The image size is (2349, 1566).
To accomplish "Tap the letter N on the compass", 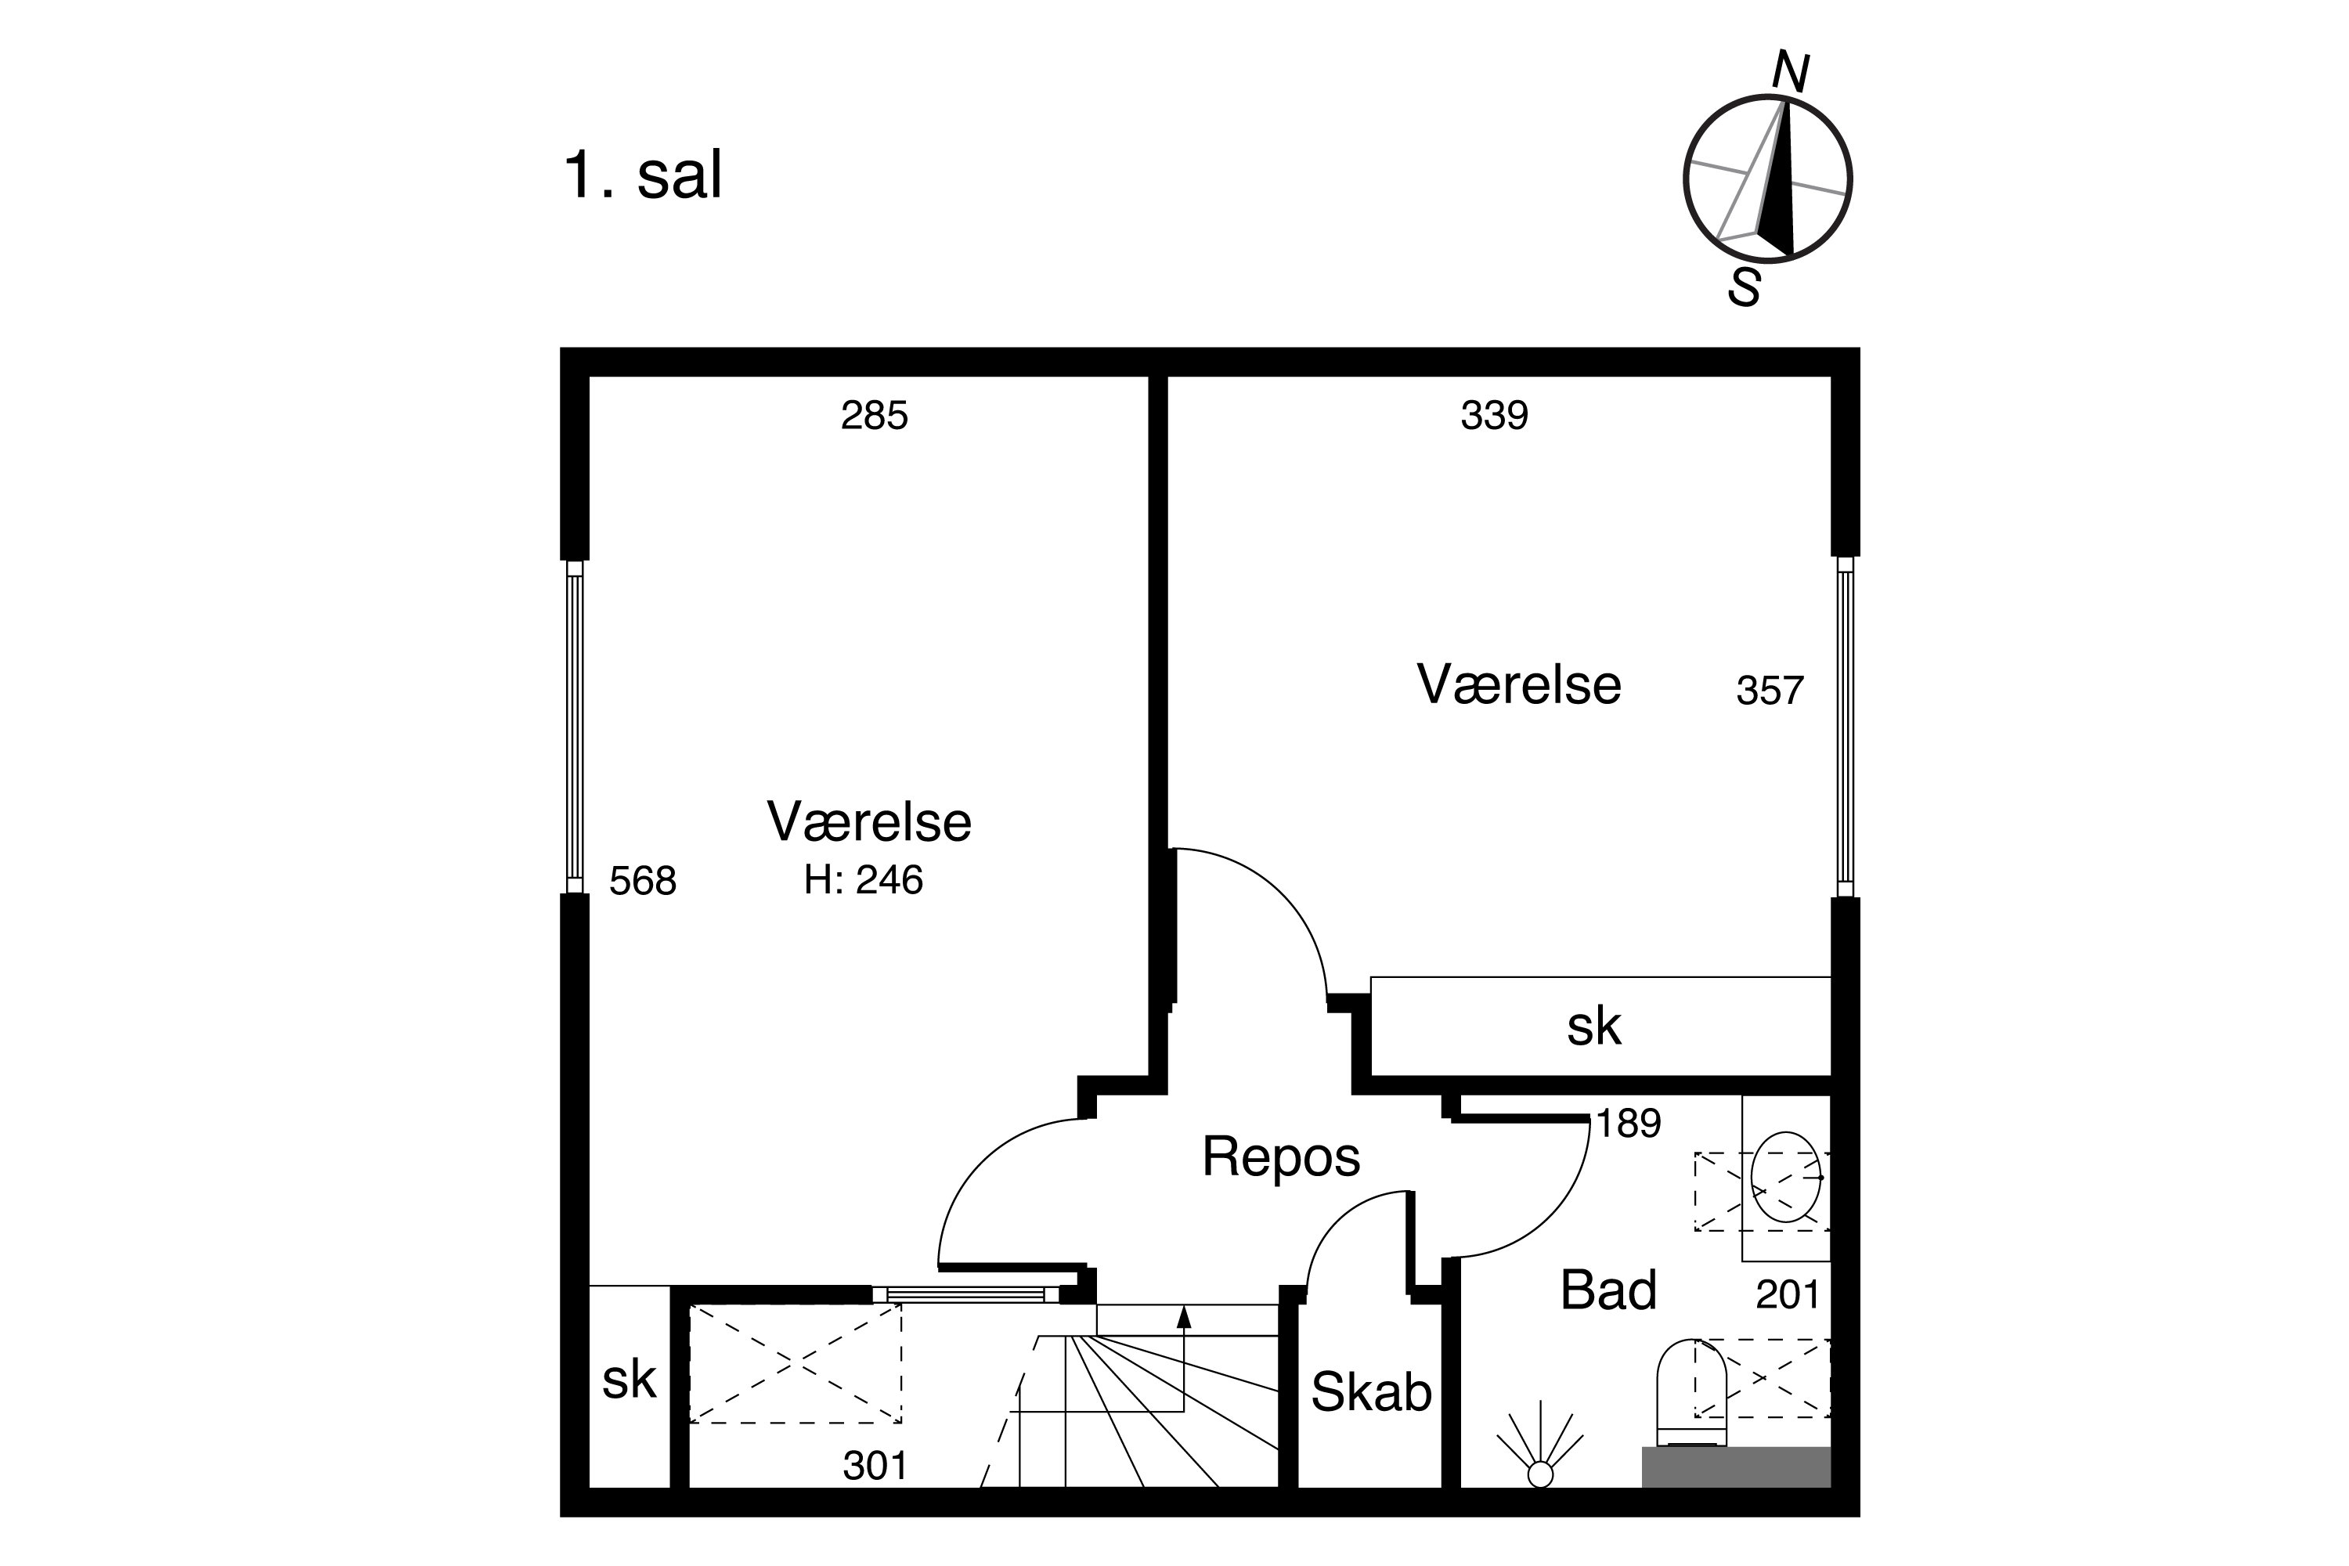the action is pyautogui.click(x=1791, y=73).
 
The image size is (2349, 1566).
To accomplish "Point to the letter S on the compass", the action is pyautogui.click(x=1744, y=287).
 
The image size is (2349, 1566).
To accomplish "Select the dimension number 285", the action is pyautogui.click(x=874, y=416).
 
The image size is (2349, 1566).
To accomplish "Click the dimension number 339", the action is pyautogui.click(x=1494, y=416).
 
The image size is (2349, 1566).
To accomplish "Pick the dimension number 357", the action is pyautogui.click(x=1770, y=691).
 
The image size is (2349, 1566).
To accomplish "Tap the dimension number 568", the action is pyautogui.click(x=642, y=881).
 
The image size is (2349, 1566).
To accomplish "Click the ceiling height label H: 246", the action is pyautogui.click(x=864, y=880).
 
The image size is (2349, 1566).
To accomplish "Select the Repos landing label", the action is pyautogui.click(x=1280, y=1156).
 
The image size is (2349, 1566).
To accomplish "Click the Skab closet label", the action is pyautogui.click(x=1371, y=1392).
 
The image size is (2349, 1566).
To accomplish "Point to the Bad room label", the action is pyautogui.click(x=1608, y=1290).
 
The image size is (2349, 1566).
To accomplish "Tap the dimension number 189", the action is pyautogui.click(x=1628, y=1124).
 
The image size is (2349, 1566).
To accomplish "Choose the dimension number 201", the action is pyautogui.click(x=1788, y=1295).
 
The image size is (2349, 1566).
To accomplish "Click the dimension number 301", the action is pyautogui.click(x=875, y=1466).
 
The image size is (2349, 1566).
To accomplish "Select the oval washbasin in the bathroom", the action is pyautogui.click(x=1787, y=1177).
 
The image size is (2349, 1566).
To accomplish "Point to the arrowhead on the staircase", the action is pyautogui.click(x=1185, y=1317).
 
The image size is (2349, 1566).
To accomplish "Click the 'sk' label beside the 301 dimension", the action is pyautogui.click(x=630, y=1380).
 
